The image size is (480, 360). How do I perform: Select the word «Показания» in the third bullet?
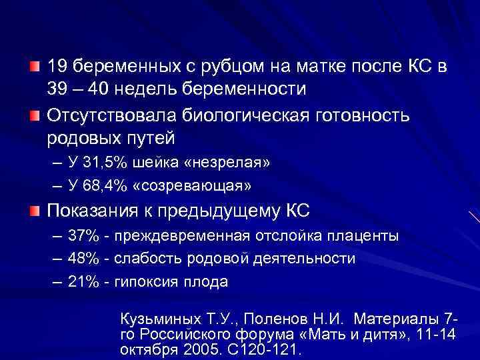(92, 211)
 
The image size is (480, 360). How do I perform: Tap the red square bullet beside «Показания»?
(35, 211)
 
